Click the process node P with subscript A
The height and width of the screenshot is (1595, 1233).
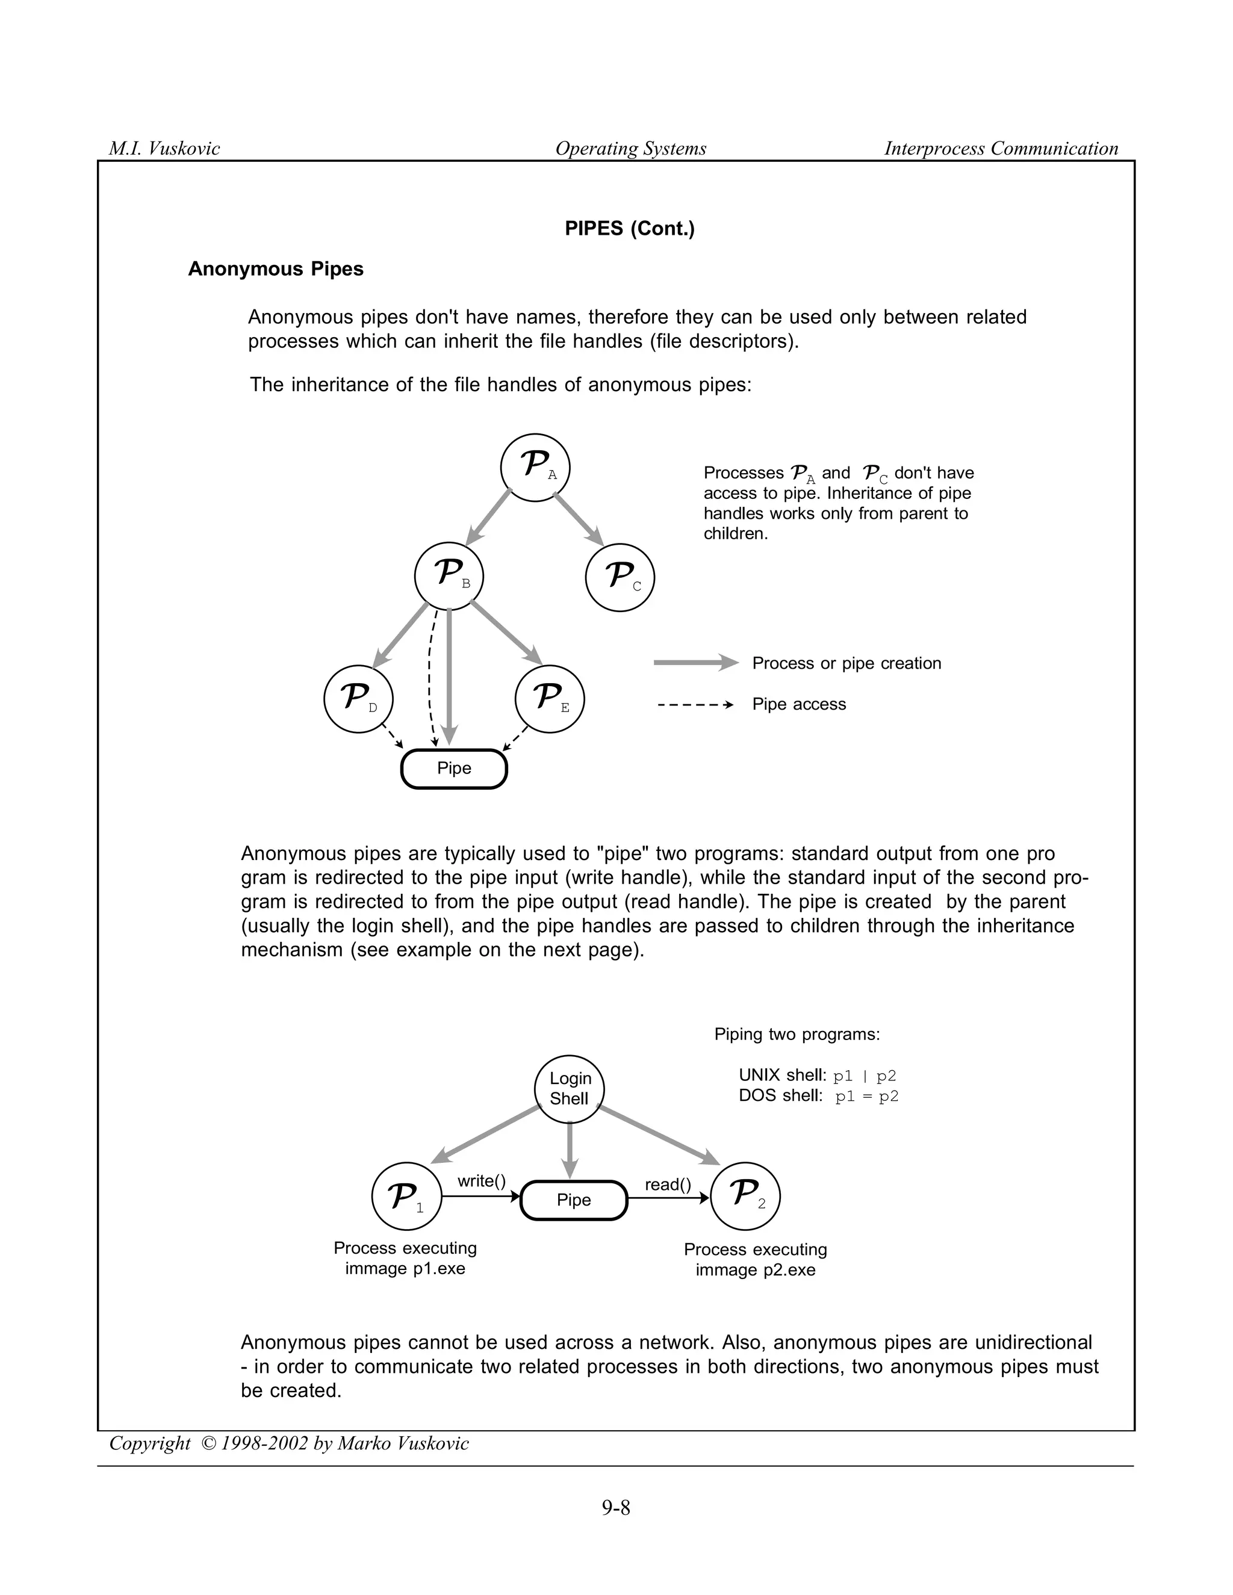pos(535,468)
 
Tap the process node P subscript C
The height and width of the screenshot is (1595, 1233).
pos(620,578)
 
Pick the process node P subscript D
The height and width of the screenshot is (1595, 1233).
pos(358,699)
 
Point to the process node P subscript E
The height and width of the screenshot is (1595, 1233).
pos(549,699)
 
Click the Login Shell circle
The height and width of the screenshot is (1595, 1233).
pos(570,1088)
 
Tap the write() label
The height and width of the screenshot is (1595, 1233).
pos(482,1181)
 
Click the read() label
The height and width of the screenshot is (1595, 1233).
pos(668,1184)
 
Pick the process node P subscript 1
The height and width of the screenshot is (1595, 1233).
pos(406,1197)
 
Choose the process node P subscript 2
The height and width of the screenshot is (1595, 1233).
pos(745,1197)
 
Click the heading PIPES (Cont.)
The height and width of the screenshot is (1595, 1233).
pos(630,229)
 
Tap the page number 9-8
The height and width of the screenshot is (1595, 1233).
pos(616,1507)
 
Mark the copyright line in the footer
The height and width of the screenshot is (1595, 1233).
pos(288,1443)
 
